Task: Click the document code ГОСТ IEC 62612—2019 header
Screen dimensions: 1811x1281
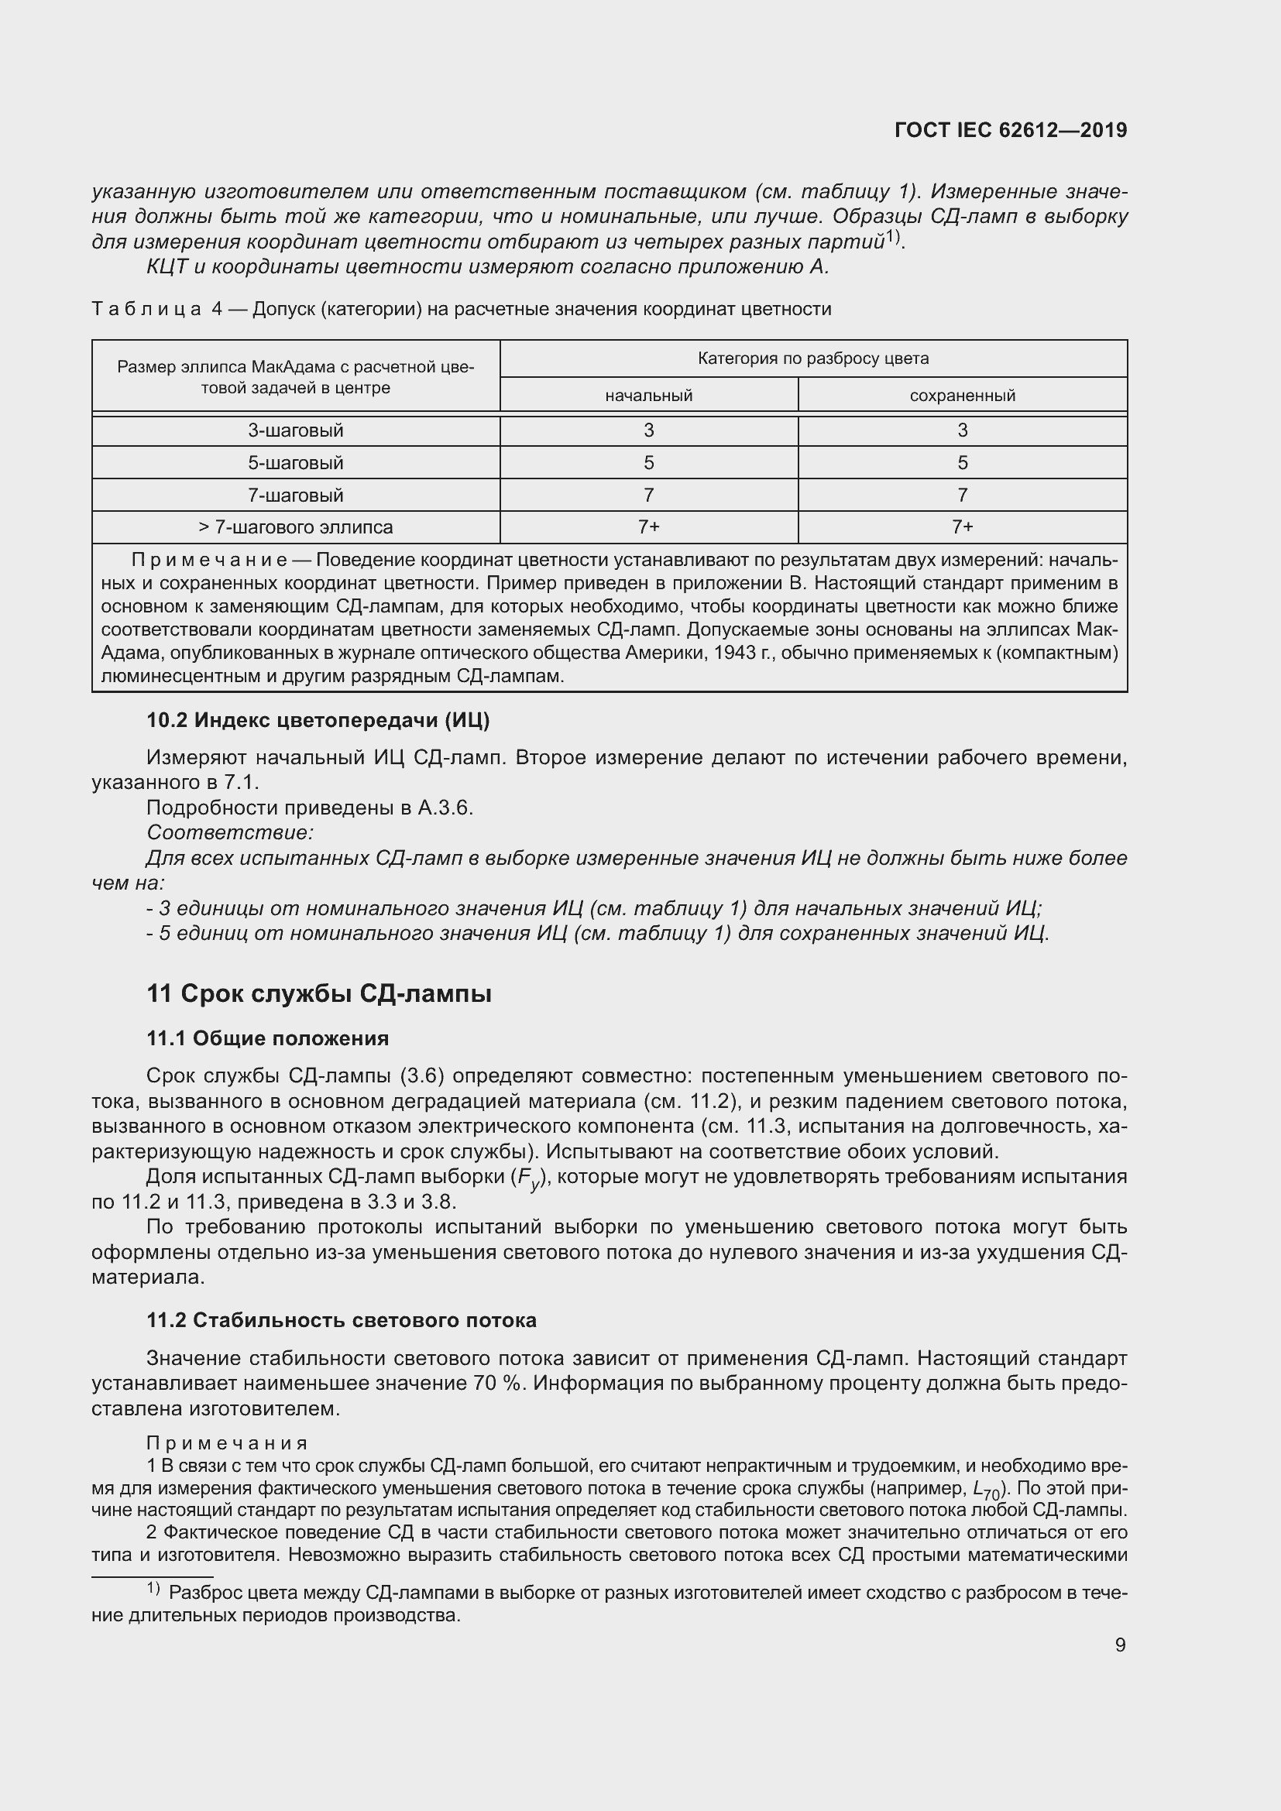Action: (1011, 130)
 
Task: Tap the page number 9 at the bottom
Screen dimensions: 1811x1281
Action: (1120, 1645)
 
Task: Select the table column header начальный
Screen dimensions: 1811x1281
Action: (648, 395)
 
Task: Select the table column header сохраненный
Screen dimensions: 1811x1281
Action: (963, 395)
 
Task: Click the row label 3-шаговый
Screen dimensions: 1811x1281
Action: (296, 430)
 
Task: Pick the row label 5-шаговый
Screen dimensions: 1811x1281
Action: (296, 463)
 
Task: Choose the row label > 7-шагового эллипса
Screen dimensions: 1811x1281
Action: (296, 527)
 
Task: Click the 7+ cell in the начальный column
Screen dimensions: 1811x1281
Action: (648, 527)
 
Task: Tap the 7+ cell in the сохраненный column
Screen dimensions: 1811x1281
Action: (963, 527)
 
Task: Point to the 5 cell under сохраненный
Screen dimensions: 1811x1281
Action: (963, 463)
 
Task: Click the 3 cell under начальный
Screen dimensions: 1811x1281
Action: (648, 430)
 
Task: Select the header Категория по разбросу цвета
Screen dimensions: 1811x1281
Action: (813, 359)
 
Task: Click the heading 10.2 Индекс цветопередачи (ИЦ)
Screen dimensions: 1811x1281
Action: (318, 720)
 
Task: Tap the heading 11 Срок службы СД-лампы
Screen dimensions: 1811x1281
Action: (318, 994)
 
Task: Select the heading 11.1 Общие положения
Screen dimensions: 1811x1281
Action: (267, 1038)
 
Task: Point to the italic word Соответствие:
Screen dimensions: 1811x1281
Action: (230, 833)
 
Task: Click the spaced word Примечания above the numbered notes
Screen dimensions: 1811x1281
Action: (227, 1443)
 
